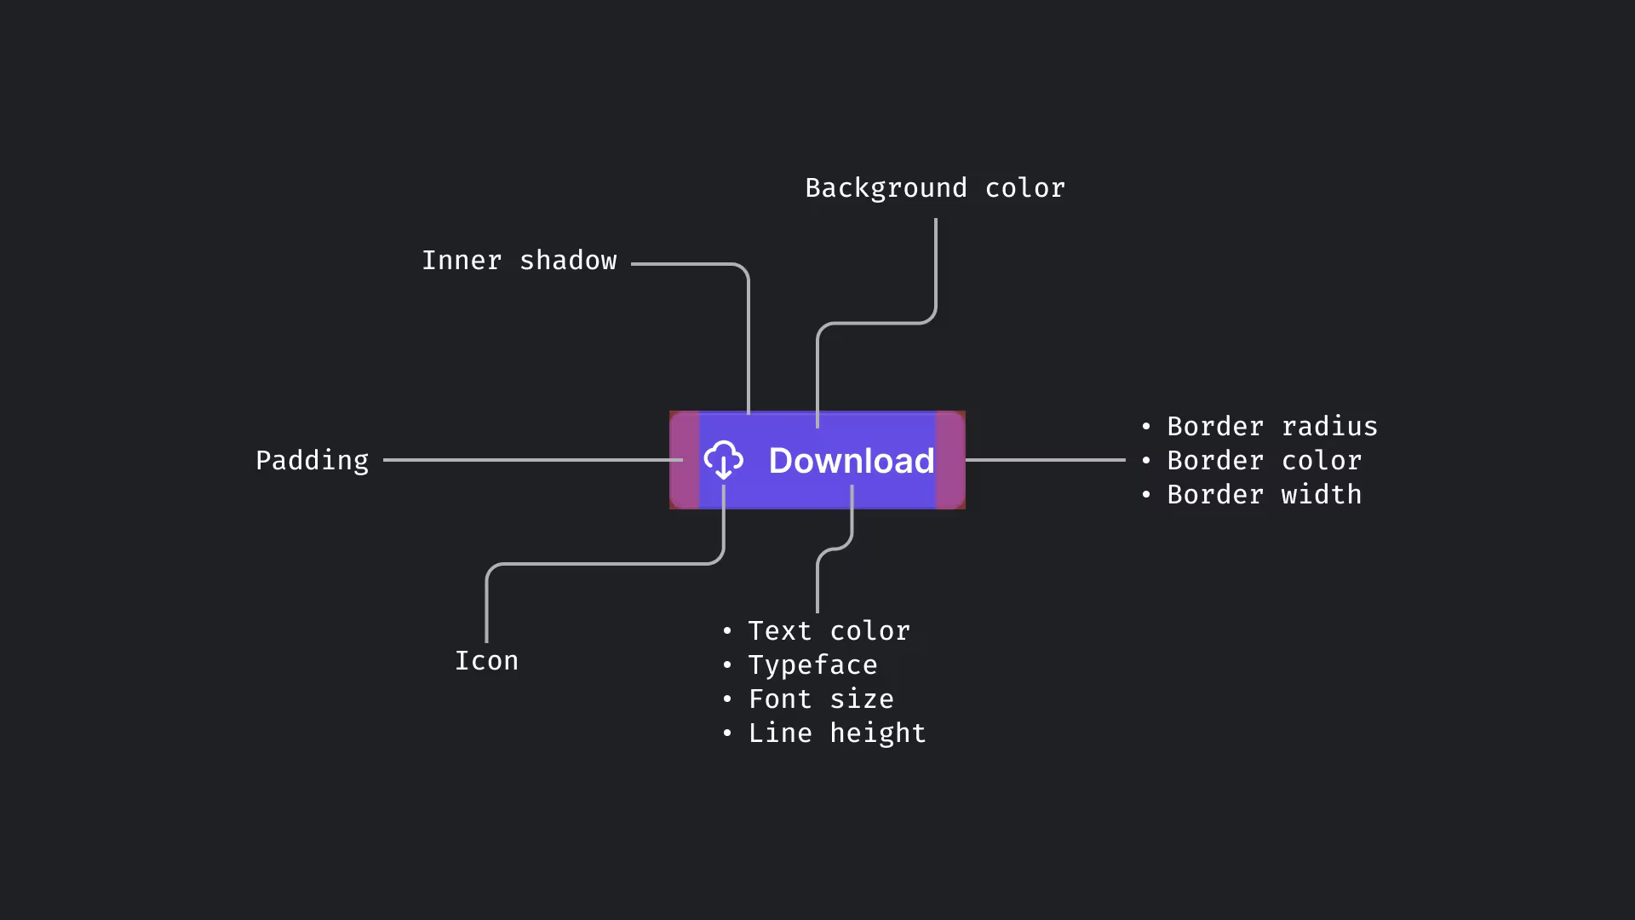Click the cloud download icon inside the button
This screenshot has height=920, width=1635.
point(724,460)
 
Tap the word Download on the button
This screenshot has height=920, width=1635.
point(852,461)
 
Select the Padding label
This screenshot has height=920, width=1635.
point(312,461)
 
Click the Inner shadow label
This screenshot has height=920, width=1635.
point(519,261)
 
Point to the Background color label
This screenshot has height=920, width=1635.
point(934,188)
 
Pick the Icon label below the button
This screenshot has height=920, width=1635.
point(486,661)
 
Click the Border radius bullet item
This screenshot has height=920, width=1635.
point(1271,427)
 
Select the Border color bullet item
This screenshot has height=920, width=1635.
point(1264,461)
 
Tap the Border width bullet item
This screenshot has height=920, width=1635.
point(1264,495)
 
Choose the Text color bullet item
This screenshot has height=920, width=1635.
point(829,631)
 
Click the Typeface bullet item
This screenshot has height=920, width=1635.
point(812,665)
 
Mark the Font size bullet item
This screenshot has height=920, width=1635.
point(821,699)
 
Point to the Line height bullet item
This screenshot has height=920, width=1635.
point(836,733)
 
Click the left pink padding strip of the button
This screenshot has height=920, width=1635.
point(685,460)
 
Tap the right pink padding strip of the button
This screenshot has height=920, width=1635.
point(950,460)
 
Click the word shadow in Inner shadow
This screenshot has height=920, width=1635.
point(568,261)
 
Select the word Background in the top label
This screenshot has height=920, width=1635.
point(886,188)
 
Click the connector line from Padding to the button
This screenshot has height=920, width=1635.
point(532,460)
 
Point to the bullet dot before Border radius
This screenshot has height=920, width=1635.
point(1146,427)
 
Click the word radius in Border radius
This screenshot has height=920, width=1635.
point(1329,427)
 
